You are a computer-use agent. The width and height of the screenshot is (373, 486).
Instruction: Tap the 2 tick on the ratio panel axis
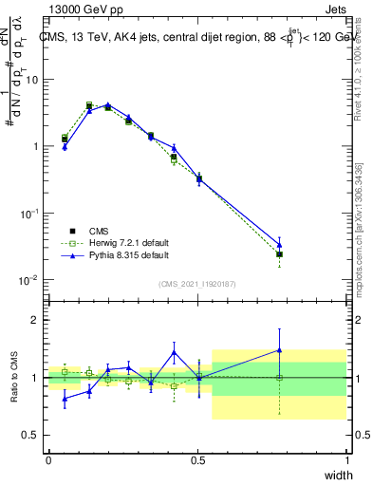(35, 320)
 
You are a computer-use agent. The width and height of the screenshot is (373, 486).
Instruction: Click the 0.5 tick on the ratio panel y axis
(31, 436)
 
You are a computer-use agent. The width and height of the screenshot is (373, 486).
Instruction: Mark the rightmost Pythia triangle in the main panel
(279, 245)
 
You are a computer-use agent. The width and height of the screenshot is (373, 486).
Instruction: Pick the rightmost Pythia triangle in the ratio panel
(279, 350)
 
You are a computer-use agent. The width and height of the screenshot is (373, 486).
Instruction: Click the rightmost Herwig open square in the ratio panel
(279, 378)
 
